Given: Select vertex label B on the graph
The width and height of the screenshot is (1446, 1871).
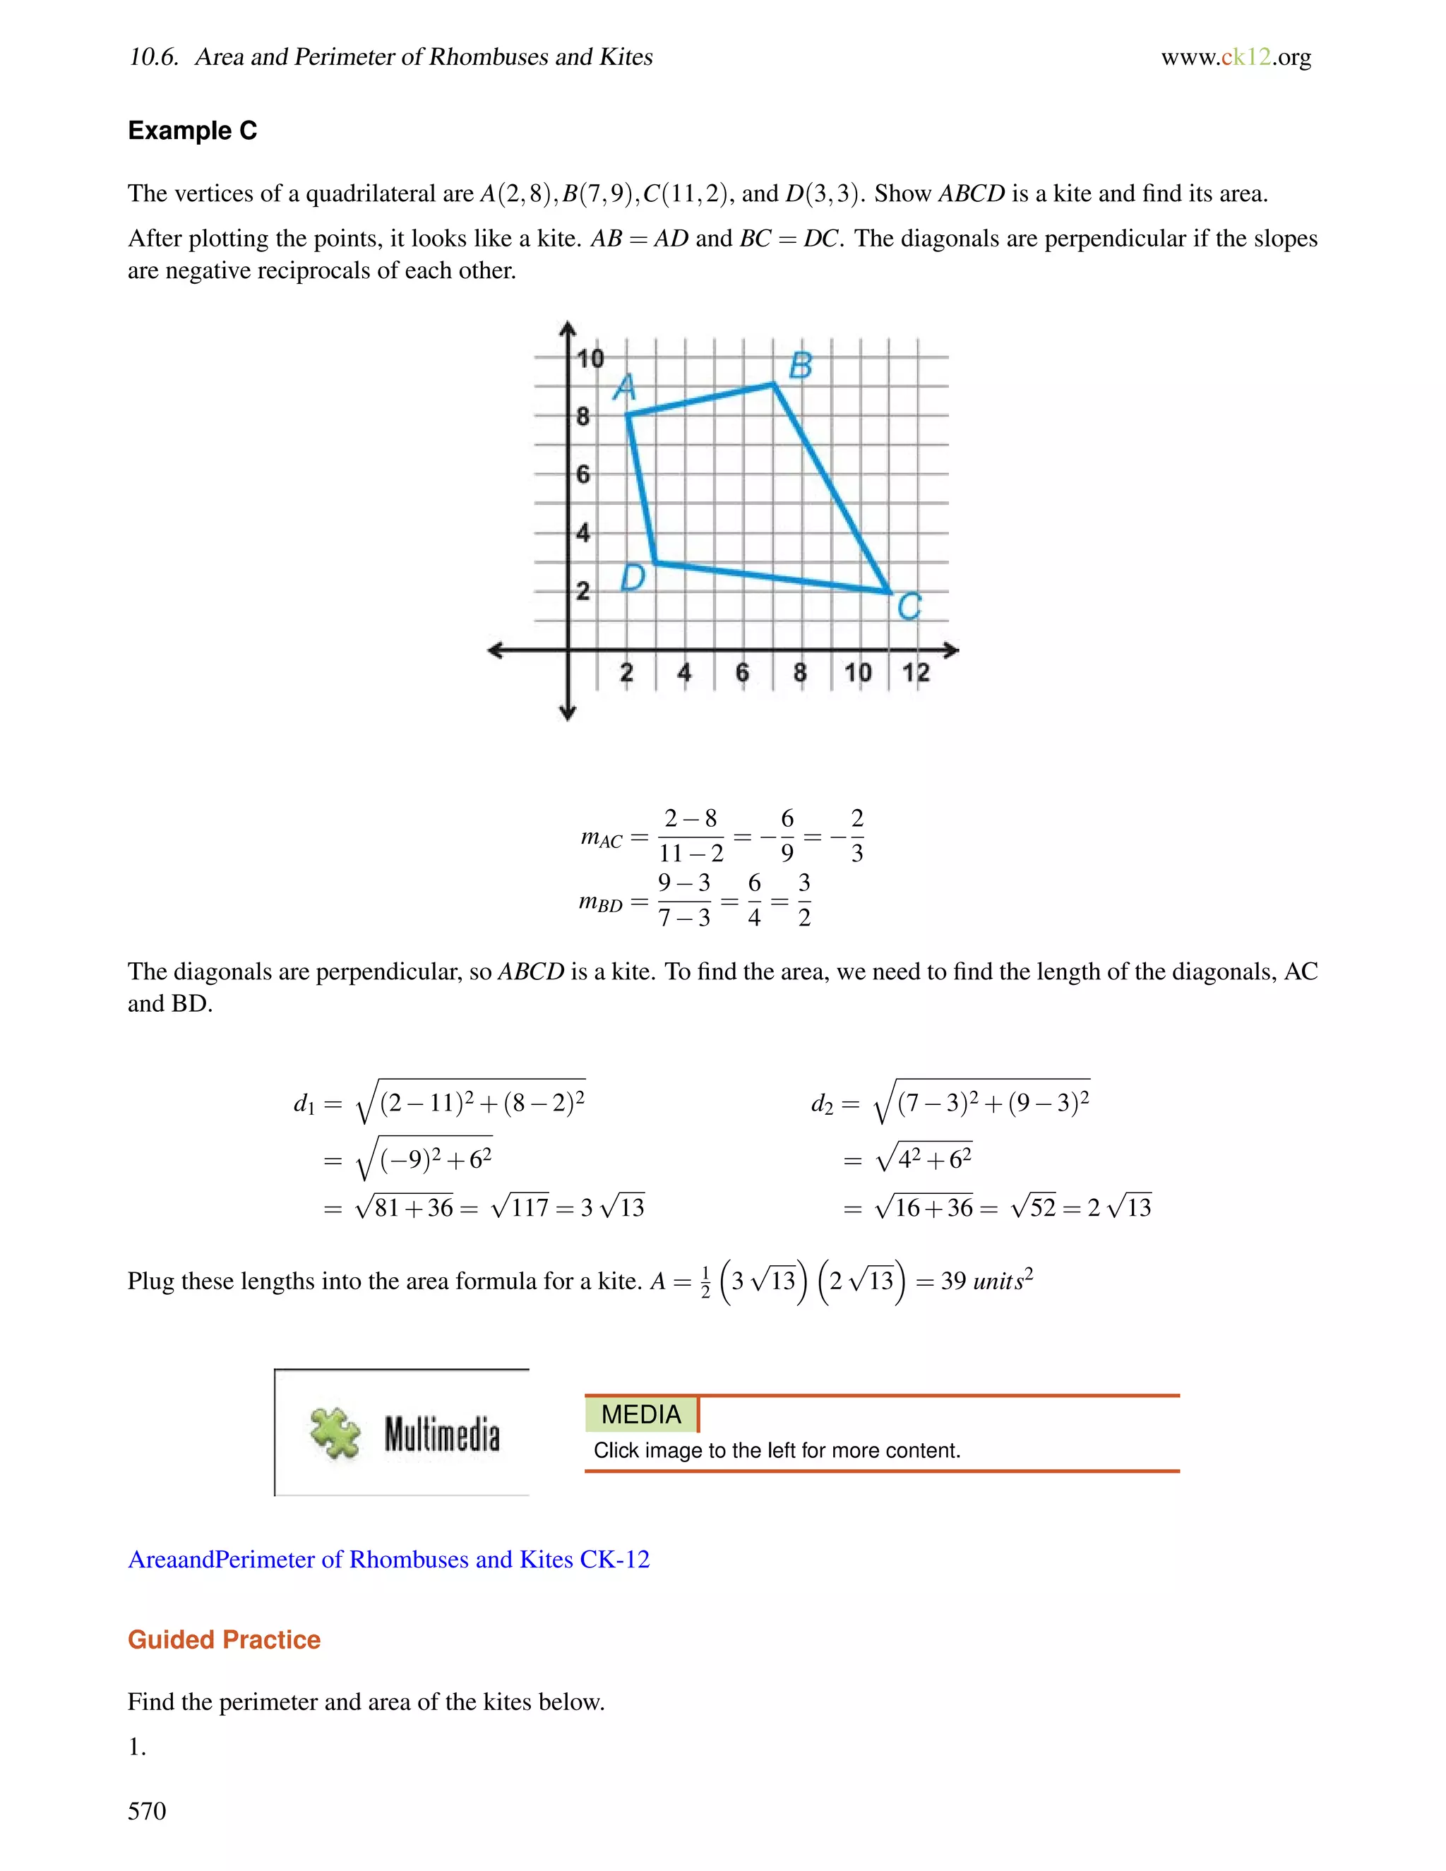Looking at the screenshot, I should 800,366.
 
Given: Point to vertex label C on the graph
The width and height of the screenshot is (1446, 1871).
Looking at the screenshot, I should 909,607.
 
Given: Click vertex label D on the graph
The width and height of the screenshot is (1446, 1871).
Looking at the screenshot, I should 632,578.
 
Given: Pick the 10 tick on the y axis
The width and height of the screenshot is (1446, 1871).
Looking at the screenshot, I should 590,358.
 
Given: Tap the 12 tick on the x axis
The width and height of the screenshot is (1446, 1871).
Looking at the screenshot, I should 916,672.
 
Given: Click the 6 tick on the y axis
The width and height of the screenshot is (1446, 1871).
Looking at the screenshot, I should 582,474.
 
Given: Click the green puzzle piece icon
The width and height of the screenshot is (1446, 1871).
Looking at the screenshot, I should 335,1433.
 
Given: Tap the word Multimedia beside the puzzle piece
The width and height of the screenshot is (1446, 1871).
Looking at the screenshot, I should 441,1434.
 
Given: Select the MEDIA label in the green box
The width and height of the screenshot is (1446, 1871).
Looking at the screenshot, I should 641,1414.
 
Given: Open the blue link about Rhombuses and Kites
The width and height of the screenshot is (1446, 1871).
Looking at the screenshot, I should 389,1559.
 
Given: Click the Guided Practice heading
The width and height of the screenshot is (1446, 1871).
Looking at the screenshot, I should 224,1639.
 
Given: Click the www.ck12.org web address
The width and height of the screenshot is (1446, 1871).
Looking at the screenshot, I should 1236,57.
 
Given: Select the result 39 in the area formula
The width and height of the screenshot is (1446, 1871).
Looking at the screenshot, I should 952,1281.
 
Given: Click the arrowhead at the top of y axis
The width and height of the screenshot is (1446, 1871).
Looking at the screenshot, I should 567,328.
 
